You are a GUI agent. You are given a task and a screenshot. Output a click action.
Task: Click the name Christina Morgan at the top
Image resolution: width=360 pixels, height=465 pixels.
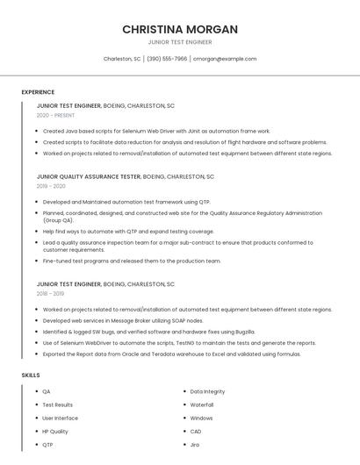point(180,29)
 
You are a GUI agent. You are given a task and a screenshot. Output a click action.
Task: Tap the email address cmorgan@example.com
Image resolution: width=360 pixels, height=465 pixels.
point(225,59)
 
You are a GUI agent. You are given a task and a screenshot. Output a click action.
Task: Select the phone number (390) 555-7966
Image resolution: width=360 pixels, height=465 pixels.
point(167,59)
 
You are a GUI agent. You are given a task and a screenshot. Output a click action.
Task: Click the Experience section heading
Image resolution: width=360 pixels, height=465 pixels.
point(38,92)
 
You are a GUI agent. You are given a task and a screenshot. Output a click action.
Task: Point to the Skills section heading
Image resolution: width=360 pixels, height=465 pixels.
point(31,376)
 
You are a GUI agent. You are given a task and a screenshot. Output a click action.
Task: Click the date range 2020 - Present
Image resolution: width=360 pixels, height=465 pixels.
point(55,115)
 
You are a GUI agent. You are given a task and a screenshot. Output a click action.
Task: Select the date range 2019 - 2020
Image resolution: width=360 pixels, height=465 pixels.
point(51,186)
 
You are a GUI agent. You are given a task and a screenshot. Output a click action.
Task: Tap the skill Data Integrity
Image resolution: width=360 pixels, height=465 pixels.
point(207,391)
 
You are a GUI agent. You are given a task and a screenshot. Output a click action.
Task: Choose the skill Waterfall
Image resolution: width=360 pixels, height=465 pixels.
point(202,404)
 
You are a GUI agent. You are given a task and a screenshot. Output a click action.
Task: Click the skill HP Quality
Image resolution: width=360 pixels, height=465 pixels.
point(55,432)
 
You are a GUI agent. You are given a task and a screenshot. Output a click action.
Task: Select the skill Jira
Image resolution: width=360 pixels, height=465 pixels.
point(195,445)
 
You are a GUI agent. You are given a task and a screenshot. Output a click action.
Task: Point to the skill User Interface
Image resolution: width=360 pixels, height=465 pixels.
point(60,418)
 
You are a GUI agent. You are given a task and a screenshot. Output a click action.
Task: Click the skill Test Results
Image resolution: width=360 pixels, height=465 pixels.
point(58,404)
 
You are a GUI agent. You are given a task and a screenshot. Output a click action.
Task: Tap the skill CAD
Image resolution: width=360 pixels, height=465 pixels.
point(196,432)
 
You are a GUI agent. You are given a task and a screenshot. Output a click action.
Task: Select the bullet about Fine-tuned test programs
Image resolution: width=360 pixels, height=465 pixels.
point(132,261)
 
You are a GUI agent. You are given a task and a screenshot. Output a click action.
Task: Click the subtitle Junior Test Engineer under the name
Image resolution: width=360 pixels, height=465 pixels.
point(180,41)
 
